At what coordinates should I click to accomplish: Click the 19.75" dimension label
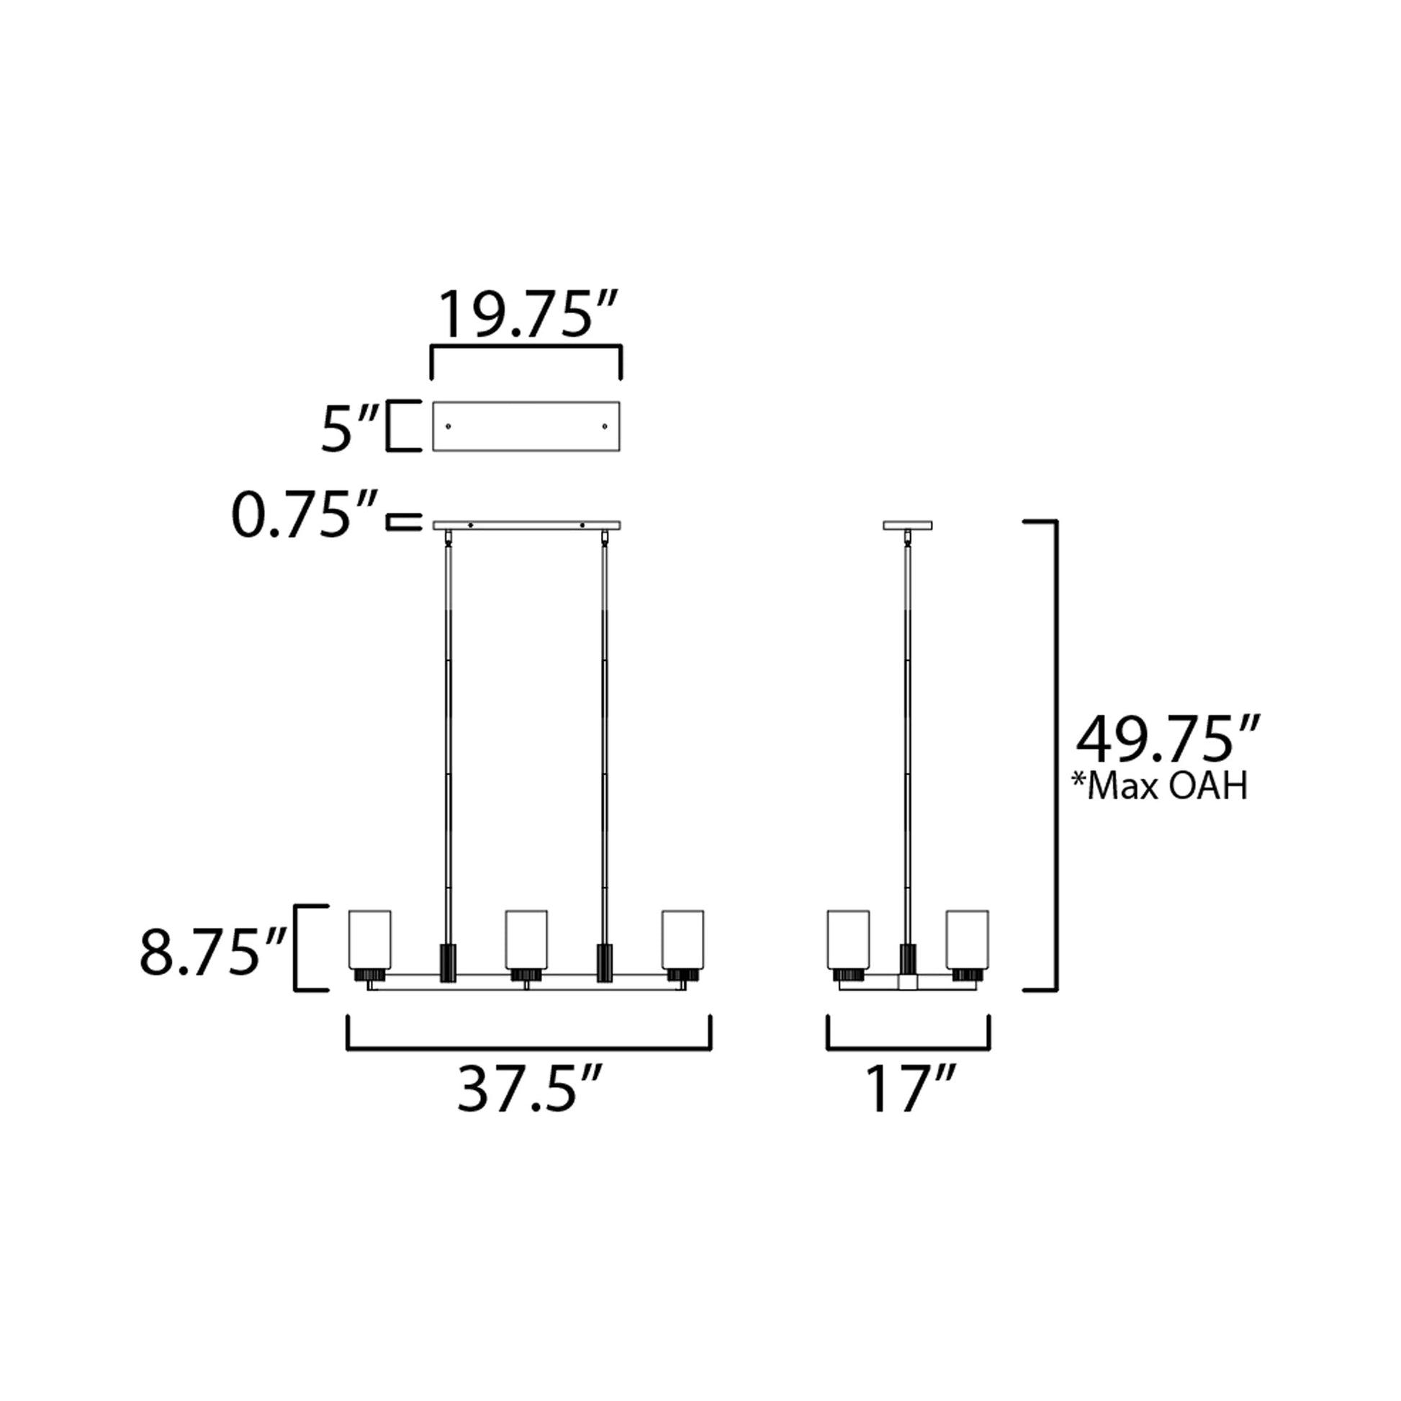(x=527, y=315)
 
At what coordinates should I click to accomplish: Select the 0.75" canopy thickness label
(x=305, y=515)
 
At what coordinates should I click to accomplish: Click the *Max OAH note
(x=1161, y=786)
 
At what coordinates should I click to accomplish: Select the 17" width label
(x=910, y=1089)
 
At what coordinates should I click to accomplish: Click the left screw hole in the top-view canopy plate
(x=448, y=426)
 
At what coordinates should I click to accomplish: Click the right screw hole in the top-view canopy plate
(x=605, y=426)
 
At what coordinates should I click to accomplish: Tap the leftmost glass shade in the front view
(x=370, y=939)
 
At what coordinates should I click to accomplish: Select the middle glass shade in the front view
(x=526, y=939)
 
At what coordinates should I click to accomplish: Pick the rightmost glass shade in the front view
(x=683, y=939)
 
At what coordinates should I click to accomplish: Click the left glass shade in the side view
(x=848, y=939)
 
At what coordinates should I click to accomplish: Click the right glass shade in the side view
(x=968, y=939)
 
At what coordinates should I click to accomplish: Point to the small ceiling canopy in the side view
(x=908, y=525)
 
